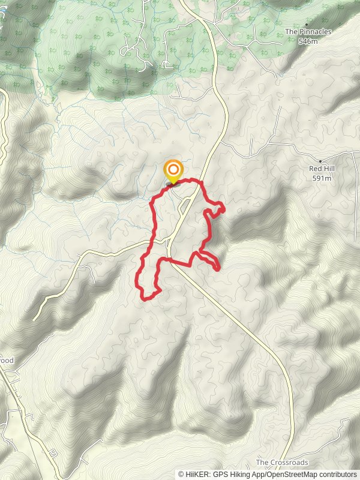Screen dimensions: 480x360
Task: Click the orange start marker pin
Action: tap(173, 170)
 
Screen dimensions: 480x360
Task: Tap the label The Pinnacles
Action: tap(308, 32)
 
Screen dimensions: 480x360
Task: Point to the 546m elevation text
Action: tap(308, 42)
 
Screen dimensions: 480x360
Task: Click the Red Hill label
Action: tap(321, 169)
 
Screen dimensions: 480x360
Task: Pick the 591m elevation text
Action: tap(321, 178)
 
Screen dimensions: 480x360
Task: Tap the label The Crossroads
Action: tap(282, 463)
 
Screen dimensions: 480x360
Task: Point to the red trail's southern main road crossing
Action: tap(171, 260)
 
